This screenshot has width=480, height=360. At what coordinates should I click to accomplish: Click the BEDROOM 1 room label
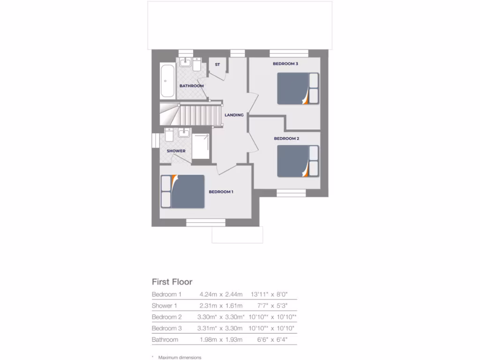pos(221,192)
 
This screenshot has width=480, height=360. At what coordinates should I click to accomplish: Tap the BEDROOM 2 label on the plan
pos(286,138)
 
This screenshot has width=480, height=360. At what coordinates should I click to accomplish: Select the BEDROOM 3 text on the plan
pos(285,64)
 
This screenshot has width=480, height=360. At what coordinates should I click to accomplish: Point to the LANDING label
pos(234,115)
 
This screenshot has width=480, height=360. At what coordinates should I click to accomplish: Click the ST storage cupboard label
pos(217,64)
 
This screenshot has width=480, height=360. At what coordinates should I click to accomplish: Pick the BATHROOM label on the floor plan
pos(192,86)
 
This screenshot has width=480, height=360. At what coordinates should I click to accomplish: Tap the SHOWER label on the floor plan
pos(176,151)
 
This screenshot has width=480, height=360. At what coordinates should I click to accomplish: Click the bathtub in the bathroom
pos(167,81)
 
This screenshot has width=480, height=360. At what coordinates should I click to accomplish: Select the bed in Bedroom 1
pos(183,191)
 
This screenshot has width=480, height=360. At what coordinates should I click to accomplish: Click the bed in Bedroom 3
pos(298,89)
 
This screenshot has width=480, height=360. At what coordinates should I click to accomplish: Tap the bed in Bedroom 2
pos(298,161)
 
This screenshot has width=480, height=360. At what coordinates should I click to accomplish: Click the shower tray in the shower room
pos(202,146)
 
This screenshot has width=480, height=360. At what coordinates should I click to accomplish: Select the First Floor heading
pos(172,282)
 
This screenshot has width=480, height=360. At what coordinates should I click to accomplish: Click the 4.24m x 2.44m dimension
pos(221,294)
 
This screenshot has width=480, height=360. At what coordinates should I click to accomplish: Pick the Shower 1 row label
pos(165,306)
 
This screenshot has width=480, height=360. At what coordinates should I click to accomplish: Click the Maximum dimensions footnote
pos(180,358)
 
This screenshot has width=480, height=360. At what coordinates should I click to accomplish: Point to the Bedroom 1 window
pos(206,222)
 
